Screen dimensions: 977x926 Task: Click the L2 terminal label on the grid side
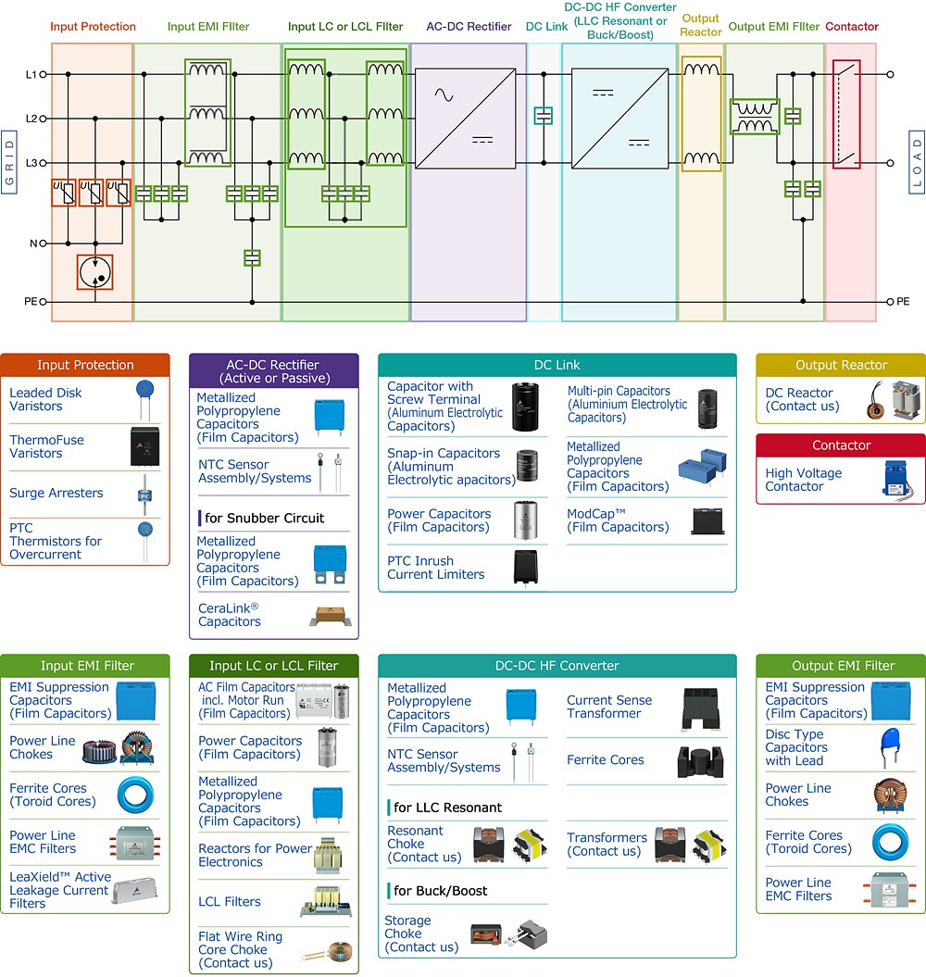pyautogui.click(x=31, y=119)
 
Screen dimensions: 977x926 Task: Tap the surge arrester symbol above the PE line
pyautogui.click(x=94, y=272)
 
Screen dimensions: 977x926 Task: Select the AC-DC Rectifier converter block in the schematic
pyautogui.click(x=469, y=119)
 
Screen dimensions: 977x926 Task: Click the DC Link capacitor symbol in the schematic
pyautogui.click(x=544, y=116)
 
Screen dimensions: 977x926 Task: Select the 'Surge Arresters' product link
pyautogui.click(x=56, y=494)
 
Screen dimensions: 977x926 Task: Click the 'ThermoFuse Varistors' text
pyautogui.click(x=49, y=446)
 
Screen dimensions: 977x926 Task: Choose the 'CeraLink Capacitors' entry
pyautogui.click(x=230, y=615)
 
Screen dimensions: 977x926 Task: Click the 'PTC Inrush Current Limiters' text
pyautogui.click(x=435, y=568)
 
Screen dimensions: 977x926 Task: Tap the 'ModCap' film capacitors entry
pyautogui.click(x=618, y=520)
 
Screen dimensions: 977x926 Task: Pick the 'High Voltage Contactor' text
pyautogui.click(x=804, y=480)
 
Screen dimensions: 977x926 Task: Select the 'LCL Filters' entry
pyautogui.click(x=230, y=901)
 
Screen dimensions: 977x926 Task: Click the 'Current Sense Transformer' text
pyautogui.click(x=609, y=707)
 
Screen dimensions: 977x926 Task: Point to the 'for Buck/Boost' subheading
pyautogui.click(x=441, y=891)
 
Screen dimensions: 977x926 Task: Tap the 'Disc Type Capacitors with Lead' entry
pyautogui.click(x=796, y=747)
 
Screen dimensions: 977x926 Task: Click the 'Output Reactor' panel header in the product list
pyautogui.click(x=841, y=365)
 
